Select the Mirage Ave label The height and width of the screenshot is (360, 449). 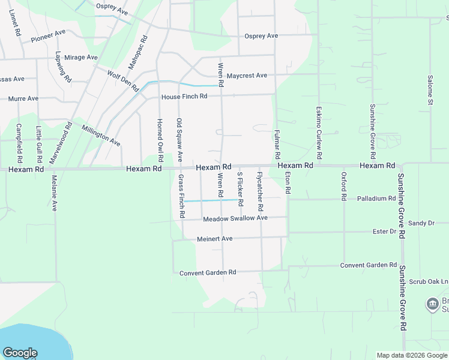click(x=81, y=58)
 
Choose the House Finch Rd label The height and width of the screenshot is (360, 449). click(x=184, y=97)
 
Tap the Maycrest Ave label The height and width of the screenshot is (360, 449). click(x=247, y=76)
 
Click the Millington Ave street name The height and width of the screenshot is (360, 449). click(x=101, y=136)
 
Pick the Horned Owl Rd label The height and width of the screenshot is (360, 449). click(x=160, y=140)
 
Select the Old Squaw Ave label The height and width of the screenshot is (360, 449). click(x=179, y=139)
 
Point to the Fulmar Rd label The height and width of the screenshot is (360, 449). click(x=277, y=145)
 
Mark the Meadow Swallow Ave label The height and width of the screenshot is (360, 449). click(x=235, y=218)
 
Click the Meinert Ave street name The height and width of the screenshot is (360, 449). click(x=214, y=239)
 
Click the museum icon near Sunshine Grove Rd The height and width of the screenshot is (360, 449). click(x=432, y=304)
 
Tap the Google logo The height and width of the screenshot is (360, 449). click(x=20, y=353)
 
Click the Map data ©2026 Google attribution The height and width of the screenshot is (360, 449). click(x=411, y=355)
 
